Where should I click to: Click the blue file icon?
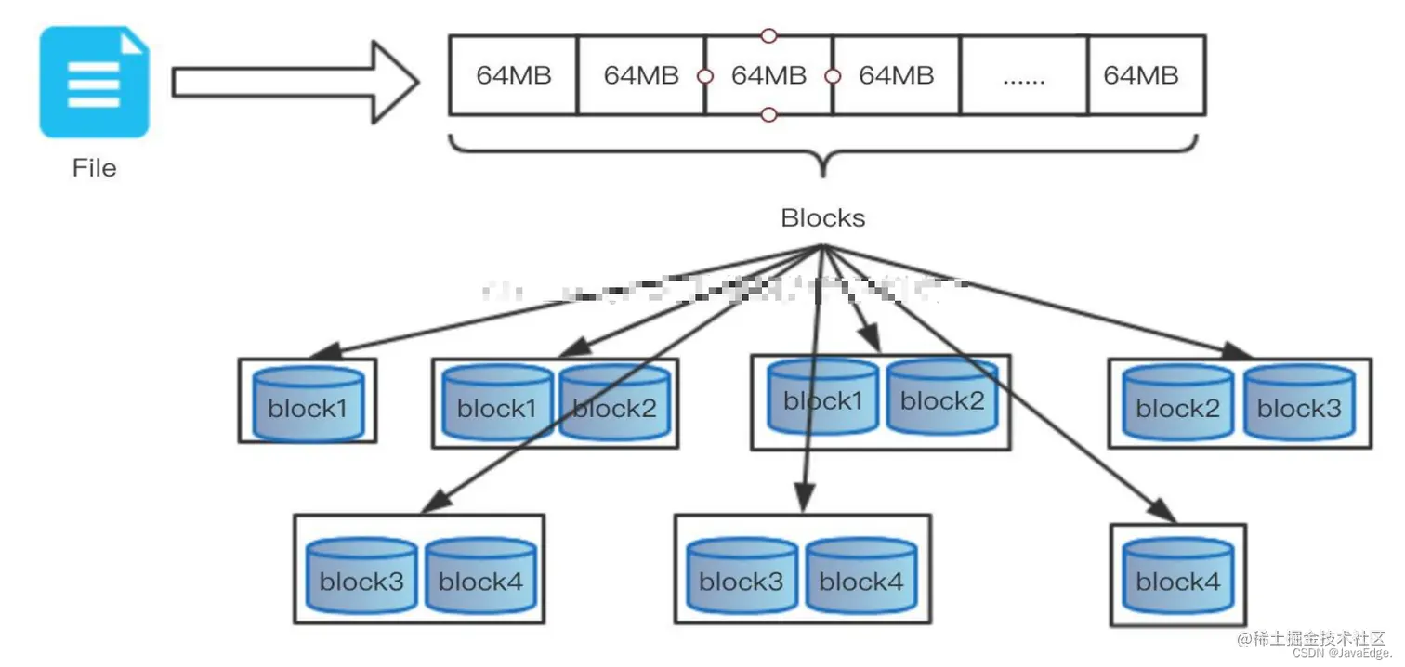pyautogui.click(x=94, y=82)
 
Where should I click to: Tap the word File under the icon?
pyautogui.click(x=94, y=168)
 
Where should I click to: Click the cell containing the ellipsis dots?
pyautogui.click(x=1023, y=76)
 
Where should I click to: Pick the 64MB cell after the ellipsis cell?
pyautogui.click(x=1146, y=76)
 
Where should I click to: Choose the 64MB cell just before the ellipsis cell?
pyautogui.click(x=896, y=76)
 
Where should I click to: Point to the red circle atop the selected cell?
pyautogui.click(x=768, y=36)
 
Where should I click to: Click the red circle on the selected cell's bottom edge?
pyautogui.click(x=768, y=115)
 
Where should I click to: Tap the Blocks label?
pyautogui.click(x=822, y=218)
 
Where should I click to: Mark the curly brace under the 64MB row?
pyautogui.click(x=822, y=153)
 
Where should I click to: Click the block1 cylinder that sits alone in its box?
pyautogui.click(x=308, y=404)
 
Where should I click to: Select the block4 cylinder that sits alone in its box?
pyautogui.click(x=1177, y=580)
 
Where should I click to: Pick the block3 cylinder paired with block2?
pyautogui.click(x=1298, y=404)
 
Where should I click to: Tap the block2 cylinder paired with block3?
pyautogui.click(x=1177, y=404)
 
